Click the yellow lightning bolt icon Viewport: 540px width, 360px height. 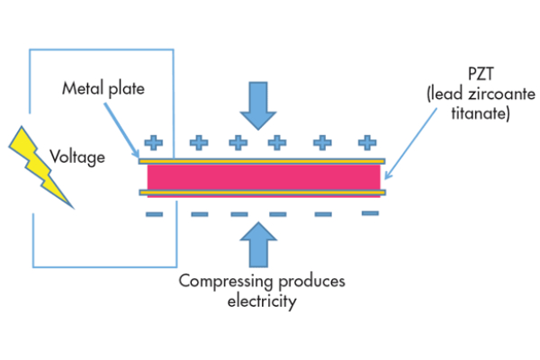pos(40,172)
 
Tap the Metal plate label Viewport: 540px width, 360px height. pos(103,88)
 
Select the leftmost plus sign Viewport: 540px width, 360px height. pos(154,141)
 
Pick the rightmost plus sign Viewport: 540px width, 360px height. pos(367,141)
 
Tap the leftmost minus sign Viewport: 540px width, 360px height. pos(154,214)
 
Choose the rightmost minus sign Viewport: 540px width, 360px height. pos(370,213)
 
